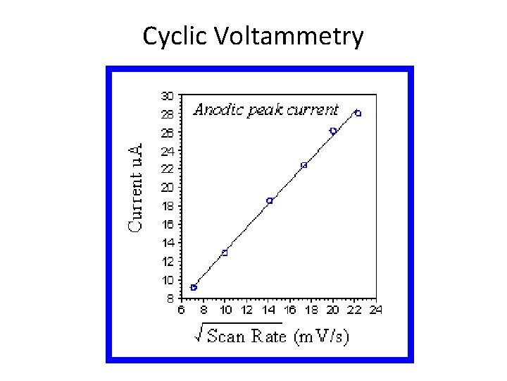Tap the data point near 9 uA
194,287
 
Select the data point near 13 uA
225,253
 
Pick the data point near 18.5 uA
270,200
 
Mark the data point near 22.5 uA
304,165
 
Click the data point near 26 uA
333,131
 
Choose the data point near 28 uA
358,113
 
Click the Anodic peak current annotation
266,109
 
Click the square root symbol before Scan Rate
200,335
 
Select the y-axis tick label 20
167,187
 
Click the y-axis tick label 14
167,242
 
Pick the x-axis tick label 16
289,310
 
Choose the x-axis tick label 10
225,310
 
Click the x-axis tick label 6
181,310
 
